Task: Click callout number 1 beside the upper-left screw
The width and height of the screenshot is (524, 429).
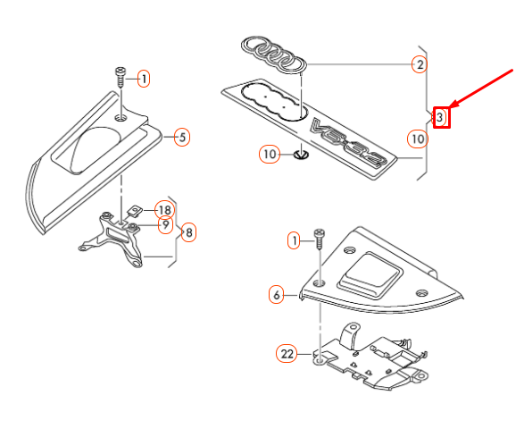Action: click(144, 79)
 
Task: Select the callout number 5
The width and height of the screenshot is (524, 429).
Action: click(182, 138)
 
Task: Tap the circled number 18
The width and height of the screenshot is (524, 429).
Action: click(165, 210)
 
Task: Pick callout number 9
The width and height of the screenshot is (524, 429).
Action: click(165, 225)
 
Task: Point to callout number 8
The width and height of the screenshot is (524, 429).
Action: click(189, 232)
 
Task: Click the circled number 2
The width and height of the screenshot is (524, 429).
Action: click(420, 64)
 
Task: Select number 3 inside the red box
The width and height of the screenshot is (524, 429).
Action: click(440, 117)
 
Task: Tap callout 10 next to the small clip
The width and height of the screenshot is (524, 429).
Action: click(270, 155)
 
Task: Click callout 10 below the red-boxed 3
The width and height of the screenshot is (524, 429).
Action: click(418, 139)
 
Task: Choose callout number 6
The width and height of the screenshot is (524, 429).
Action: click(277, 295)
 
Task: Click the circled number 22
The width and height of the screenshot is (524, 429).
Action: click(287, 354)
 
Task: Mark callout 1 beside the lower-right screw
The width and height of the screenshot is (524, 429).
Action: click(294, 240)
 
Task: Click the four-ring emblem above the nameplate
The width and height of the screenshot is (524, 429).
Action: click(274, 55)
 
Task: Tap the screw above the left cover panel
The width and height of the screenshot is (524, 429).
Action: click(121, 77)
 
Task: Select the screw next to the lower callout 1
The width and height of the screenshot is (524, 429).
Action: click(320, 239)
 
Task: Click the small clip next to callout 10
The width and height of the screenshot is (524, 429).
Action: click(301, 155)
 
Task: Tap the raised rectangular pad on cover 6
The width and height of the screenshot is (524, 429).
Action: click(370, 274)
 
